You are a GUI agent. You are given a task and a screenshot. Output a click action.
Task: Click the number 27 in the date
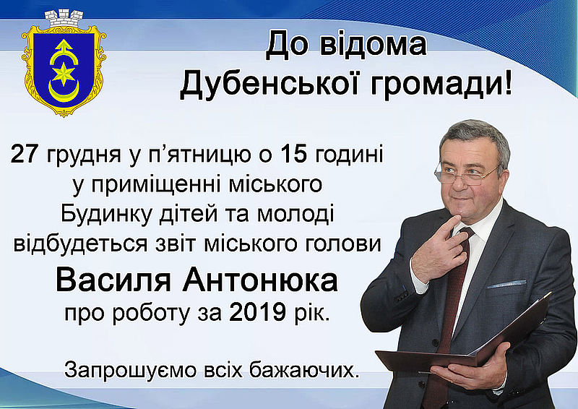coord(25,154)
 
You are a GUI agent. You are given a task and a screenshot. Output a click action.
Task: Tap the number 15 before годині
coord(294,154)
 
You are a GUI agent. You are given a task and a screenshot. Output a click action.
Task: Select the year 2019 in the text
coord(257,313)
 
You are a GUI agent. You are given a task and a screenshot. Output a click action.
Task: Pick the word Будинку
coord(106,215)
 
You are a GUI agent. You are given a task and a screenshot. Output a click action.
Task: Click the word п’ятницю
coord(195,155)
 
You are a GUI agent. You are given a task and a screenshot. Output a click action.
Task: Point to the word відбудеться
coord(80,244)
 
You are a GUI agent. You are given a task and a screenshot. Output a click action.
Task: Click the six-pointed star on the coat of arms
coord(64,74)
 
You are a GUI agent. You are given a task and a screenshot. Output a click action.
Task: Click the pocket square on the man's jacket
coord(506,284)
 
